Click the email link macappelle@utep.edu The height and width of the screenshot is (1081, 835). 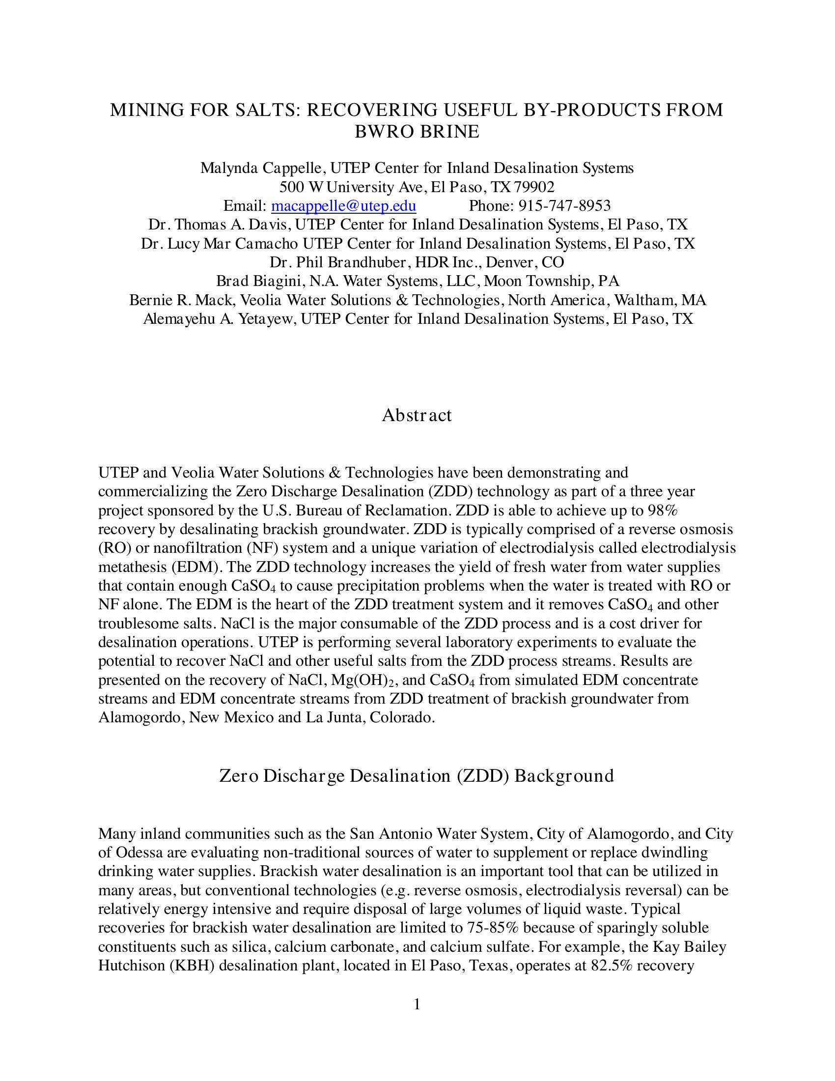[343, 205]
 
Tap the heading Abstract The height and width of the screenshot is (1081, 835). [417, 415]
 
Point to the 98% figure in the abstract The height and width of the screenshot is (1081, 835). [666, 511]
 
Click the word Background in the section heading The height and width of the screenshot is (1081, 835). [564, 775]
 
